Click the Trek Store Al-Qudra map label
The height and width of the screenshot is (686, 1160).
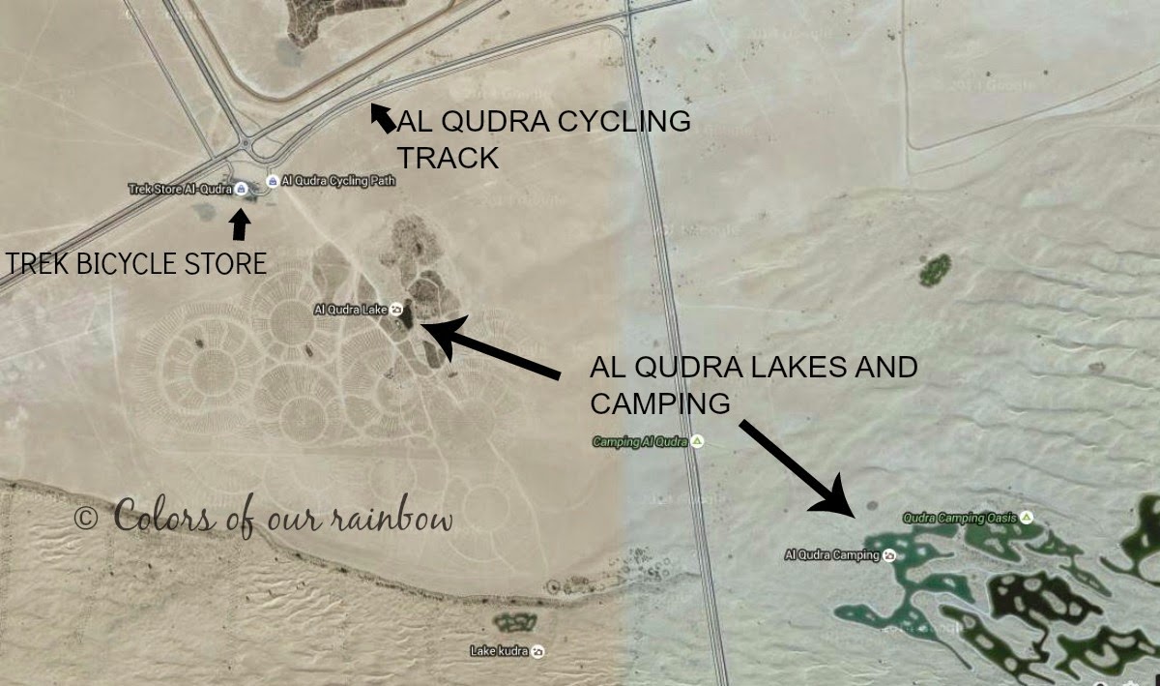[x=180, y=189]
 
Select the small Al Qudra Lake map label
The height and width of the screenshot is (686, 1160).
[x=350, y=310]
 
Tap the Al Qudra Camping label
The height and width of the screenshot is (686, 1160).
[x=830, y=555]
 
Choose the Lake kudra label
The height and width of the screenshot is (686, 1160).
[x=499, y=651]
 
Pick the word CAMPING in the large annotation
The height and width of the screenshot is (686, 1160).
[x=659, y=403]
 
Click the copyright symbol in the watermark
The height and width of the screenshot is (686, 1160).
[x=85, y=518]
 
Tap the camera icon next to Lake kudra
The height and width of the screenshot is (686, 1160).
[x=538, y=651]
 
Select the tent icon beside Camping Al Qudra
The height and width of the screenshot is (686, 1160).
[x=698, y=442]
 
